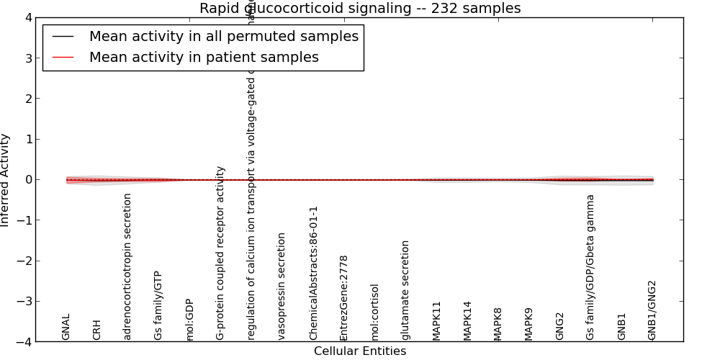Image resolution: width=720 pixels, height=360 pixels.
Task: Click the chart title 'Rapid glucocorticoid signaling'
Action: [x=359, y=9]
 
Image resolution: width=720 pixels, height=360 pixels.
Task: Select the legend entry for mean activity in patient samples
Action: [x=204, y=58]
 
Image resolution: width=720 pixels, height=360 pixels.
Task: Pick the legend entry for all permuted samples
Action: [x=223, y=37]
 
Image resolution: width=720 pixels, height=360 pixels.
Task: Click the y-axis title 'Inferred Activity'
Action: [x=6, y=180]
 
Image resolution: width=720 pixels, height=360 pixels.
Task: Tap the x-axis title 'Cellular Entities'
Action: [x=359, y=351]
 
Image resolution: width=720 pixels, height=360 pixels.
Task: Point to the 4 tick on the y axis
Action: [x=27, y=17]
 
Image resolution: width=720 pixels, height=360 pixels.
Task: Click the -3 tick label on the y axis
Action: [x=24, y=302]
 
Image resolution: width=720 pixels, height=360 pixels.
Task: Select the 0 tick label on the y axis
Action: [x=27, y=180]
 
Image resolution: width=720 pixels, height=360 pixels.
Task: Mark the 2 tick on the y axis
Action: [x=27, y=99]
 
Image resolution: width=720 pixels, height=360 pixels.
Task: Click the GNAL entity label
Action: [x=66, y=326]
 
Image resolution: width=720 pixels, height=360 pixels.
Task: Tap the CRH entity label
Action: [x=97, y=330]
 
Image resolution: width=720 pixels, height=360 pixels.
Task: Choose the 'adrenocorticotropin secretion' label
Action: [x=128, y=266]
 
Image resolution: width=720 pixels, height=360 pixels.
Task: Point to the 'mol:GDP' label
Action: [x=190, y=319]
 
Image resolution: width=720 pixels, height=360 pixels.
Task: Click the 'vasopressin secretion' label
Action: [x=282, y=286]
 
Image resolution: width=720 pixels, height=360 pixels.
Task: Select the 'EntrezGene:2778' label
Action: [x=344, y=297]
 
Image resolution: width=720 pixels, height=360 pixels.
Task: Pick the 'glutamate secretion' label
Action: [x=406, y=289]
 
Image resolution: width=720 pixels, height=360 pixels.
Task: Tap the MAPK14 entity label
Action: [x=468, y=320]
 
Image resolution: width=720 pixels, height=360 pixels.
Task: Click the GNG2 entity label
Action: [x=560, y=325]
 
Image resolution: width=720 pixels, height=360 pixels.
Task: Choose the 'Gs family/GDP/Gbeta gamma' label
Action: [x=591, y=266]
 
